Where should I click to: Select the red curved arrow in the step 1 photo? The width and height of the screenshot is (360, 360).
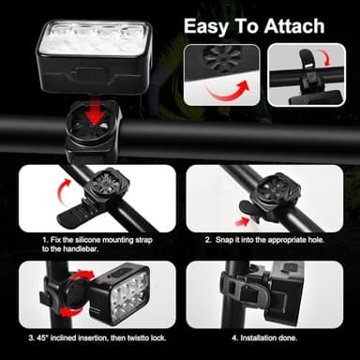point(67,192)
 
